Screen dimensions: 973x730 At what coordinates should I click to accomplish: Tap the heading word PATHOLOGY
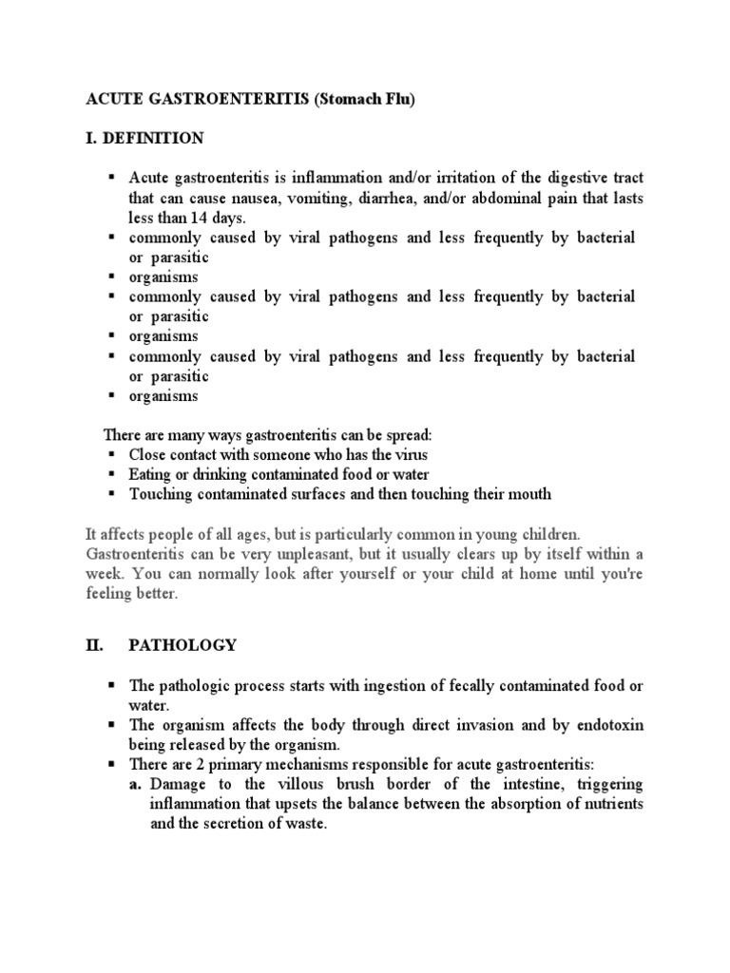182,645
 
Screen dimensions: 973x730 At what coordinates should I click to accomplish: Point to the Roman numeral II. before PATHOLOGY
93,645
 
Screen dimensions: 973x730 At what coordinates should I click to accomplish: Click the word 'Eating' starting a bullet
150,474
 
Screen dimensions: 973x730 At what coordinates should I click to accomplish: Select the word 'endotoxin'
609,725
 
